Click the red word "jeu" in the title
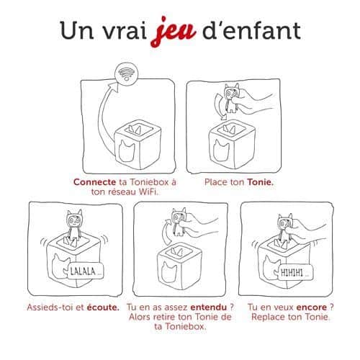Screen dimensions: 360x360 point(174,32)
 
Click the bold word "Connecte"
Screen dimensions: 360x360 point(94,182)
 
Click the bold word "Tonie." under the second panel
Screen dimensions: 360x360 point(261,182)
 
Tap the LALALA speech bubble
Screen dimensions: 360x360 point(86,271)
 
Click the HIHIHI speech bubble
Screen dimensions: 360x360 point(295,273)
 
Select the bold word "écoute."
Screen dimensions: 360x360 point(103,307)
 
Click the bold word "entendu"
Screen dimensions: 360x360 point(209,307)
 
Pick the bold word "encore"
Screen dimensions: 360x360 point(312,307)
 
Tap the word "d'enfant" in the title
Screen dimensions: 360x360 point(251,31)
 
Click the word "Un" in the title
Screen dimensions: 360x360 point(77,31)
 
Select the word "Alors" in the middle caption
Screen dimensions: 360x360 point(140,317)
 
